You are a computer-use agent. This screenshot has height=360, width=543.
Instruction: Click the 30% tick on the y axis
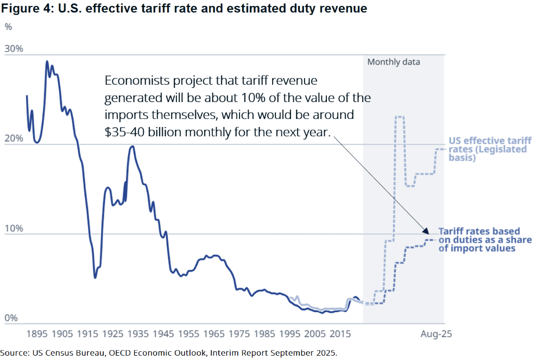point(14,49)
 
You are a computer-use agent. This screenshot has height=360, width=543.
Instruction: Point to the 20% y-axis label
point(14,138)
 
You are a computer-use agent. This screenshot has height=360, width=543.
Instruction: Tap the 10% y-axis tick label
point(14,228)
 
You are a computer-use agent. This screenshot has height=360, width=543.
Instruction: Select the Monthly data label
point(394,62)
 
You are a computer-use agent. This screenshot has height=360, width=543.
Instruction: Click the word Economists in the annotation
point(134,81)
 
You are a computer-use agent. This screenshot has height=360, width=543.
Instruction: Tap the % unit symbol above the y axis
point(8,26)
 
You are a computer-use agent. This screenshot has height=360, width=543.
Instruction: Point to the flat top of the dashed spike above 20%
point(400,117)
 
